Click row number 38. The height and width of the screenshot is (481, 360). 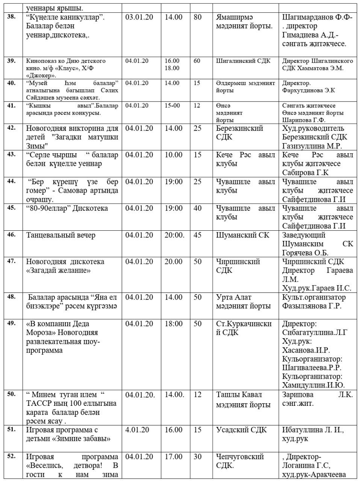[x=11, y=17]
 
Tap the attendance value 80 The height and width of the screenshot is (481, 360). [x=197, y=17]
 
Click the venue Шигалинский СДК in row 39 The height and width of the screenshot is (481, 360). [x=243, y=61]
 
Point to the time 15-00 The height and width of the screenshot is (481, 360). [x=172, y=106]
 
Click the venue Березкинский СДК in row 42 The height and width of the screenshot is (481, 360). [x=239, y=133]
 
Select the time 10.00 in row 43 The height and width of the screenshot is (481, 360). [x=173, y=155]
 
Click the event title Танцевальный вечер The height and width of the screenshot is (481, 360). [x=61, y=235]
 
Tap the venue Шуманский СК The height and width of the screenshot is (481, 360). [x=243, y=235]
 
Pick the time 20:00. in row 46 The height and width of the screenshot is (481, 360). [x=174, y=235]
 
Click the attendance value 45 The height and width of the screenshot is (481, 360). [x=197, y=235]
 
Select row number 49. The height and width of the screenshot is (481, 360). [x=11, y=324]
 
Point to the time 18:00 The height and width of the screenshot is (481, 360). [x=173, y=324]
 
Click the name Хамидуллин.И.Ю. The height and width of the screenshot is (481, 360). [x=313, y=385]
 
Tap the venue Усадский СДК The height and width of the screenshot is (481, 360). [x=241, y=430]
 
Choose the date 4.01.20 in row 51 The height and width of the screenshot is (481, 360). [x=137, y=430]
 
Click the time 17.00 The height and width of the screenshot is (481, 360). [x=173, y=457]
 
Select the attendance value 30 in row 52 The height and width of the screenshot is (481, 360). [x=197, y=457]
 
